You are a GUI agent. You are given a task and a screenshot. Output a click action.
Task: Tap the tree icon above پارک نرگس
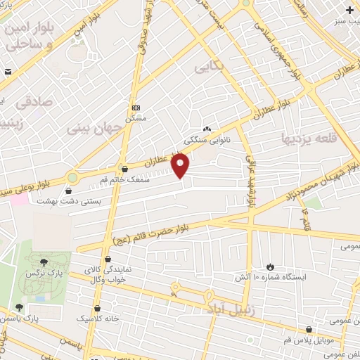pos(45,261)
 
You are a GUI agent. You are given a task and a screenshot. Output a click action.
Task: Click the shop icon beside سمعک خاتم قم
pos(125,169)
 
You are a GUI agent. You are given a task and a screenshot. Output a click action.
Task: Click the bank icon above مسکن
pos(136,108)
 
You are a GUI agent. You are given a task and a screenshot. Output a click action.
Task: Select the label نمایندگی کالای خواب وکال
pos(108,274)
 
